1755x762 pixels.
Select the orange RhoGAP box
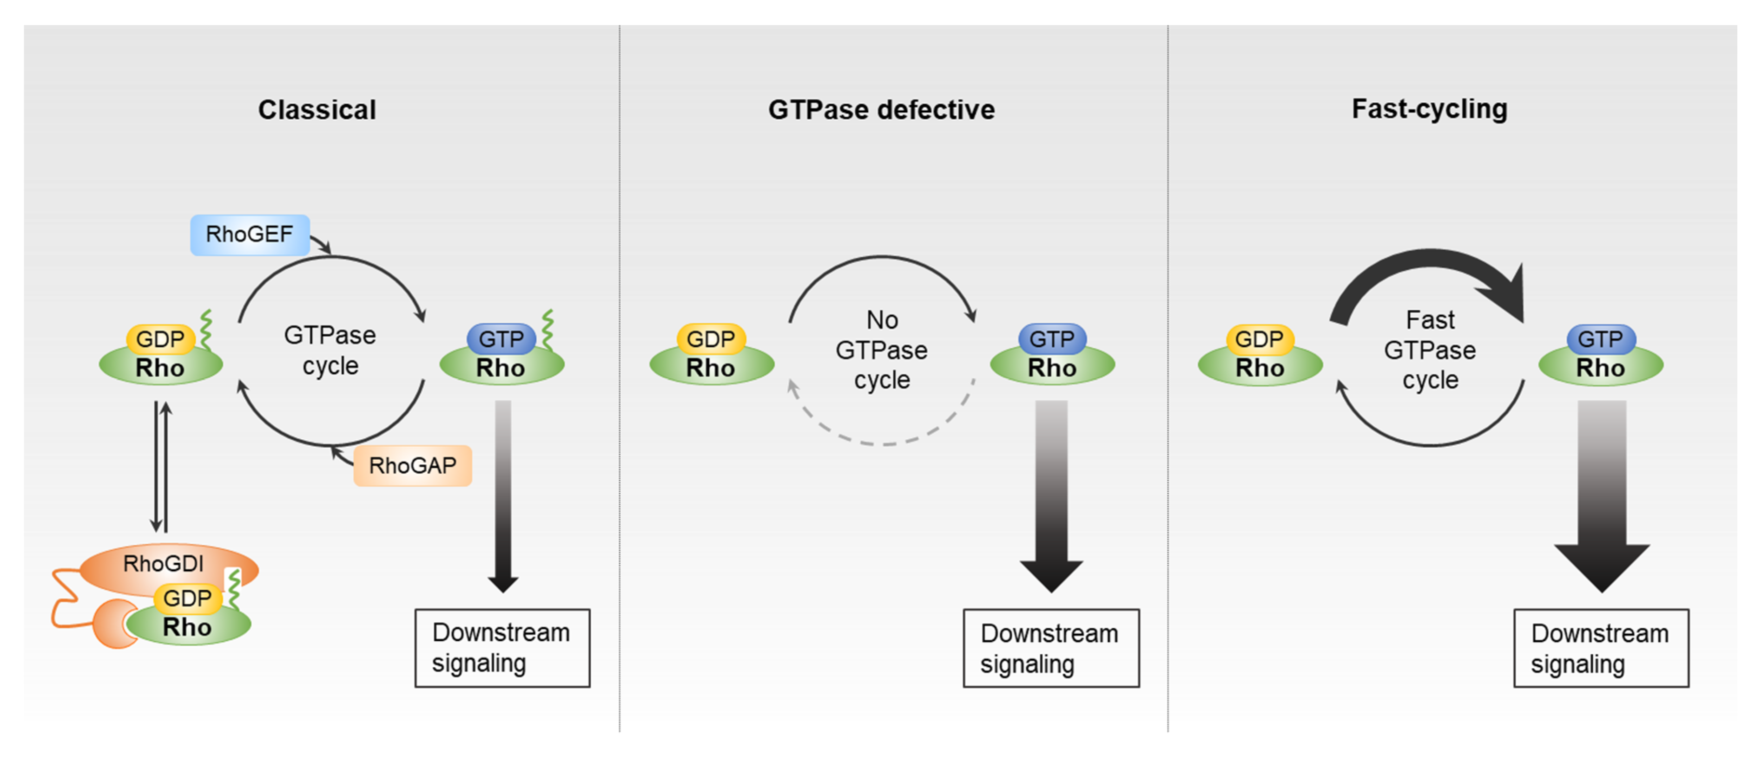click(x=412, y=466)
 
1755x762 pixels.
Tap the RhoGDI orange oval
click(x=164, y=564)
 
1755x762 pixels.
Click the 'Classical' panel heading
click(x=317, y=110)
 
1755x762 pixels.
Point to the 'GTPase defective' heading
click(x=881, y=110)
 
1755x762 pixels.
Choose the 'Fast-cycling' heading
click(x=1429, y=109)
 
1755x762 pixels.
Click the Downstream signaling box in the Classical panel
click(x=502, y=648)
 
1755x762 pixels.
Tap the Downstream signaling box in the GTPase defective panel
click(x=1050, y=648)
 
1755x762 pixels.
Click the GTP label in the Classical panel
click(x=501, y=339)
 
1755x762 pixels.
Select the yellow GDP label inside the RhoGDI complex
click(x=187, y=598)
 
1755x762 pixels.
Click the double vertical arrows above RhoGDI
click(x=161, y=467)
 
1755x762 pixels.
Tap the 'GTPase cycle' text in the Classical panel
click(x=330, y=350)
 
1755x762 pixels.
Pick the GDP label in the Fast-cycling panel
click(x=1259, y=339)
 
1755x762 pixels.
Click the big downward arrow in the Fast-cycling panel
click(x=1602, y=497)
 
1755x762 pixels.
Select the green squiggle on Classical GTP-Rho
click(x=547, y=330)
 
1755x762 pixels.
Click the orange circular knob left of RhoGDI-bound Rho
click(x=112, y=623)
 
